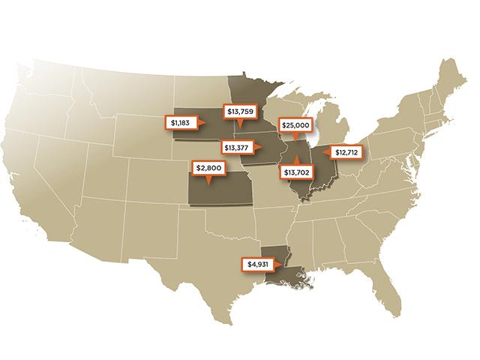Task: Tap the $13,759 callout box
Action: [238, 111]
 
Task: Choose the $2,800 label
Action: [209, 168]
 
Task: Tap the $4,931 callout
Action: [258, 264]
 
